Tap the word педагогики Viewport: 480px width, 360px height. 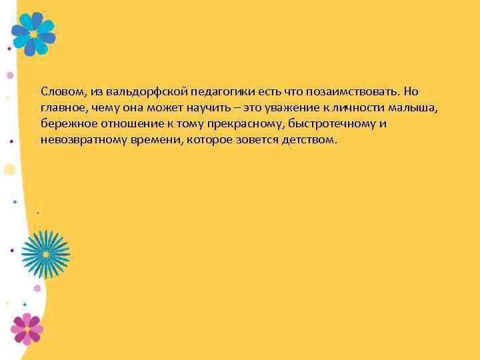207,91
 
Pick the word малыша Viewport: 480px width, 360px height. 419,108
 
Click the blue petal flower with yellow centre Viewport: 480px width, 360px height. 33,34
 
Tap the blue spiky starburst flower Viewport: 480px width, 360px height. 45,254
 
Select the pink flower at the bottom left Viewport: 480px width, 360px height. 27,328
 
